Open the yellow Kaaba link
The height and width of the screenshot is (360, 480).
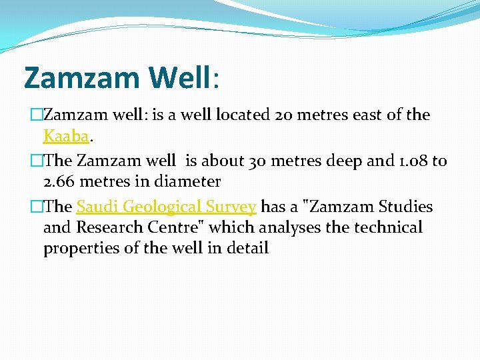click(x=66, y=136)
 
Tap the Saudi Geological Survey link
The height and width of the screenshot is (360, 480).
click(x=166, y=207)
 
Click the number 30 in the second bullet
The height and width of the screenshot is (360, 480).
click(x=257, y=161)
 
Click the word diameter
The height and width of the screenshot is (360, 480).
click(x=188, y=181)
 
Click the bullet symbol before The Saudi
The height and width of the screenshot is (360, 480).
click(x=29, y=207)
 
